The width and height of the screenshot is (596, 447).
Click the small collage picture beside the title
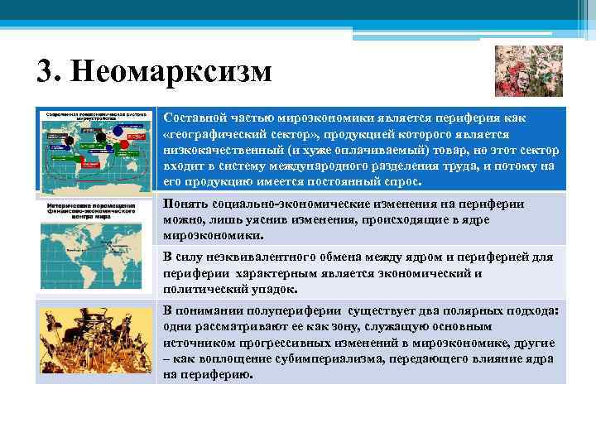point(517,71)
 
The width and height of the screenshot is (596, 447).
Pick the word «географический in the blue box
point(214,134)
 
